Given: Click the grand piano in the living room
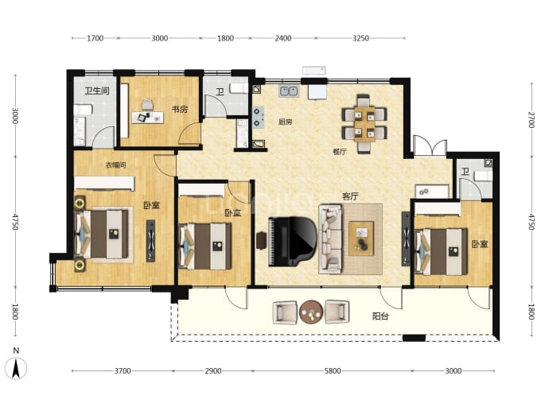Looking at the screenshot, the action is [x=292, y=242].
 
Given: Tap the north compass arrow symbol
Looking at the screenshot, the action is [x=16, y=368].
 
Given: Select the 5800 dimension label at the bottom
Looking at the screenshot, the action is [x=333, y=370].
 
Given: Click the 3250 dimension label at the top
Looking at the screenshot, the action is [x=360, y=38].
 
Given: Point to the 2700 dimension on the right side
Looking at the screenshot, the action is [x=531, y=120].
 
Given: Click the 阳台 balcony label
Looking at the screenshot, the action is [x=380, y=316].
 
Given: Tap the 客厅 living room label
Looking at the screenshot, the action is [x=350, y=196].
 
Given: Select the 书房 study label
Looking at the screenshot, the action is [x=180, y=109].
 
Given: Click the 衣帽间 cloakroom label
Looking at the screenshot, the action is [x=115, y=165].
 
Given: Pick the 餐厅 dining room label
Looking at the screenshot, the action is [x=340, y=152].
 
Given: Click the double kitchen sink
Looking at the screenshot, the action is [x=289, y=91].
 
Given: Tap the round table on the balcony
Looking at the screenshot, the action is [x=311, y=312].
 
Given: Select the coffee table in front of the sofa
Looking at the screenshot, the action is [x=361, y=238].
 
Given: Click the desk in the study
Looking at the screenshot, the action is [x=147, y=117].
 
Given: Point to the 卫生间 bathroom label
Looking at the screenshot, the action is [x=97, y=91].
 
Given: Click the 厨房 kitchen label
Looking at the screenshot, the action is [x=285, y=122].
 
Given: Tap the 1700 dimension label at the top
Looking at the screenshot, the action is [x=95, y=38].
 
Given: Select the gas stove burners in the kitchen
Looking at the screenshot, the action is [x=259, y=118].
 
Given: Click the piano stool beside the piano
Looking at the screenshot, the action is [x=261, y=242].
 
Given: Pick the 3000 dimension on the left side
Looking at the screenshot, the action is [x=15, y=115].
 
